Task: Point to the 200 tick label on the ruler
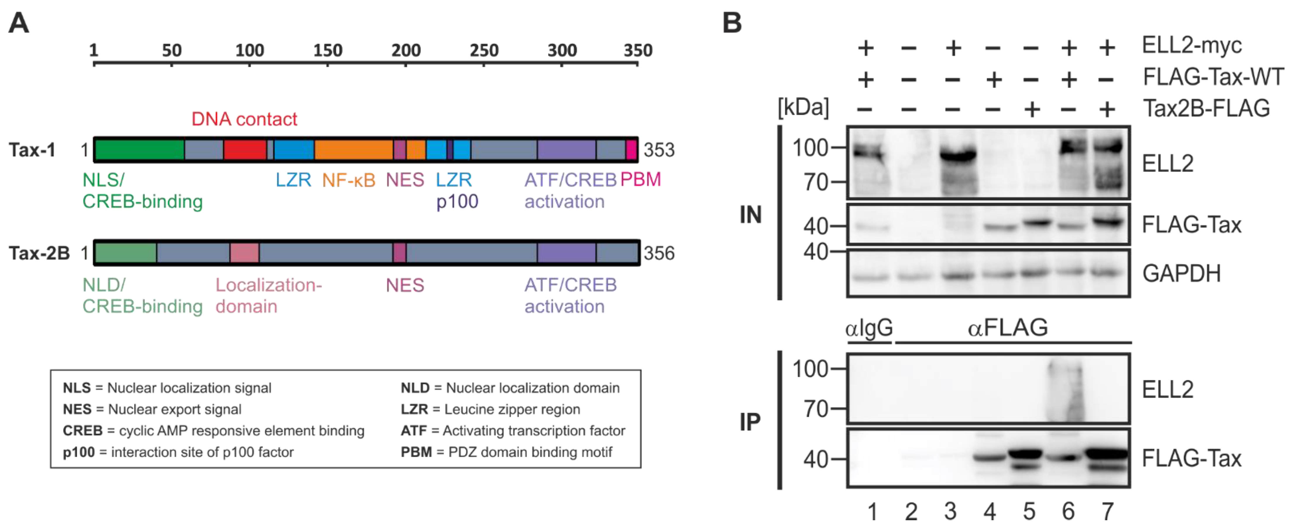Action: pos(406,50)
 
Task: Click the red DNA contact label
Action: pos(244,119)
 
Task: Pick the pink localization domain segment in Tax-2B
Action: pos(244,253)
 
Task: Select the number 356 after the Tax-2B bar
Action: pos(659,253)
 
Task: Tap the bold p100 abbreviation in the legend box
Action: pos(78,452)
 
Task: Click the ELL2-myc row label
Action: pos(1191,46)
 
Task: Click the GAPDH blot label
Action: pos(1181,274)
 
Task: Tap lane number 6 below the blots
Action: pos(1068,511)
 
